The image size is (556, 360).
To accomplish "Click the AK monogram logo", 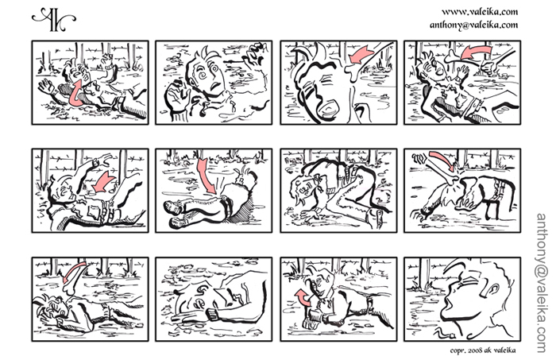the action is click(53, 19).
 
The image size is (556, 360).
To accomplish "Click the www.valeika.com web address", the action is click(480, 12).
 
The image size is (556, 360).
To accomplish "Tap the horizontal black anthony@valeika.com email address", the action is click(473, 25).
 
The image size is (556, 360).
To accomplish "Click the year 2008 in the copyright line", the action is click(477, 350).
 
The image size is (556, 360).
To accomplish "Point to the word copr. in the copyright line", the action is click(458, 350).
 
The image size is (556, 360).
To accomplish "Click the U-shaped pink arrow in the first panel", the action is click(75, 94).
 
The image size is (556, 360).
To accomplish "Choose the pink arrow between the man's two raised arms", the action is click(102, 183).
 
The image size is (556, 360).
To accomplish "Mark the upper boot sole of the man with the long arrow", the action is click(173, 208).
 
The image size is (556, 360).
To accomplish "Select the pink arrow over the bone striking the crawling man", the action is click(442, 161).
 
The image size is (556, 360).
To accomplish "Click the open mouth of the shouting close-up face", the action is click(328, 108).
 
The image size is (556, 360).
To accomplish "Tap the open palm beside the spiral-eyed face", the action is click(176, 95).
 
